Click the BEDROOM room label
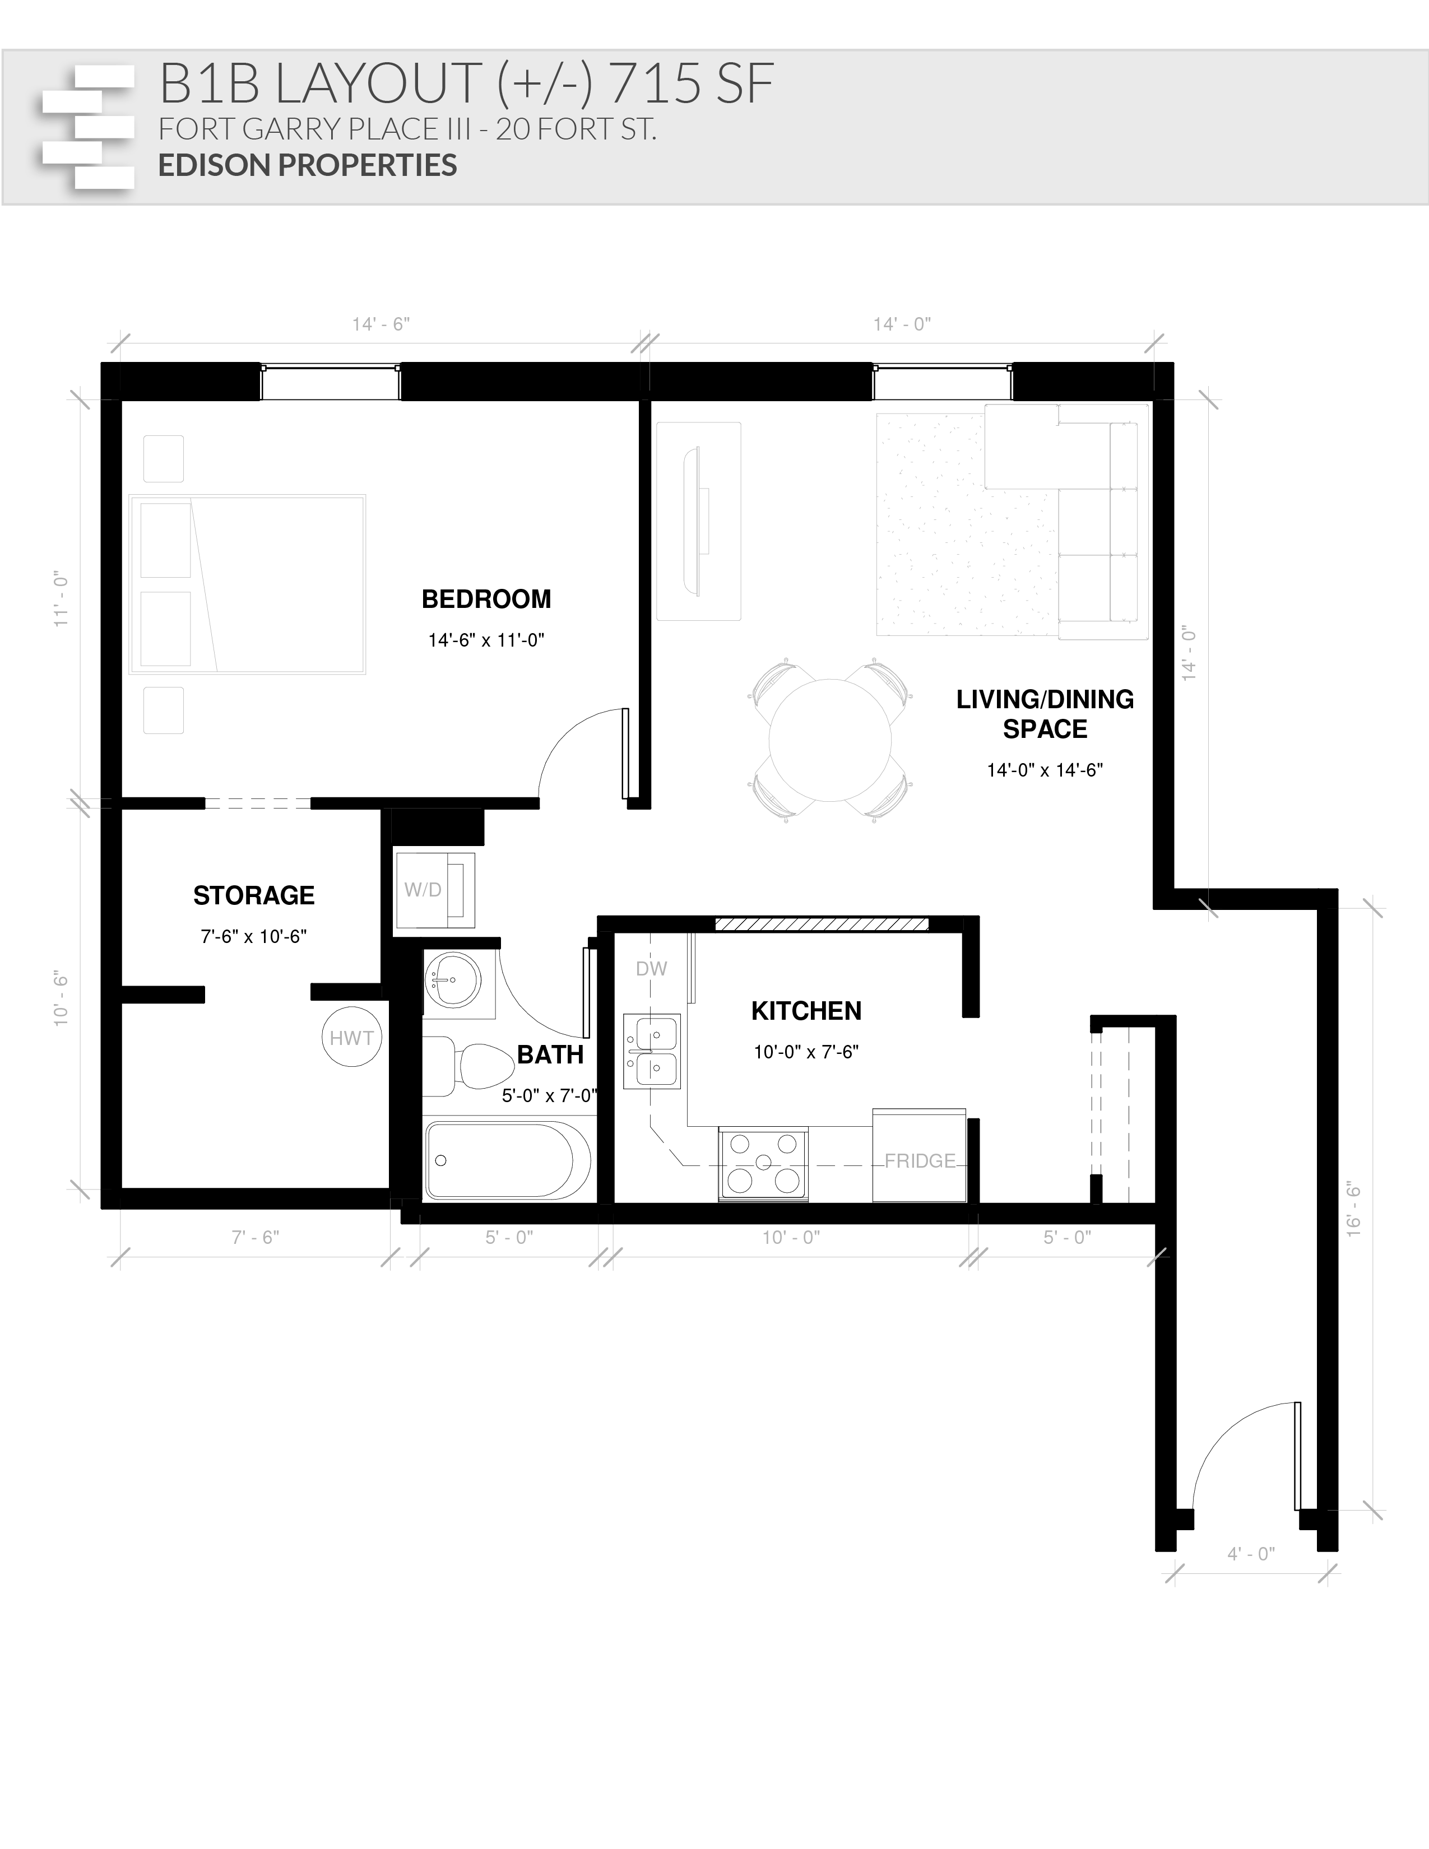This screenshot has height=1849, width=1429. click(x=486, y=600)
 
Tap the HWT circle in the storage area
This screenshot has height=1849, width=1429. click(x=351, y=1037)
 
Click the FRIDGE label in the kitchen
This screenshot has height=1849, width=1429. click(x=920, y=1161)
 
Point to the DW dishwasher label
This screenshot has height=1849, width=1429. click(x=651, y=969)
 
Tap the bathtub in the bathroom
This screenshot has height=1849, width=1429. click(x=508, y=1160)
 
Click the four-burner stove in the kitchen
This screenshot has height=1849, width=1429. click(x=763, y=1163)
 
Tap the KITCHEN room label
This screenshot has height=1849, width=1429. click(x=806, y=1011)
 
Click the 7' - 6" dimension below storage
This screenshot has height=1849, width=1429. click(x=255, y=1238)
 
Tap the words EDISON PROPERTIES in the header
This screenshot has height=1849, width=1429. click(x=307, y=165)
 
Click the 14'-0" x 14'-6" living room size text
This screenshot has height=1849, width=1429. click(x=1045, y=770)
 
